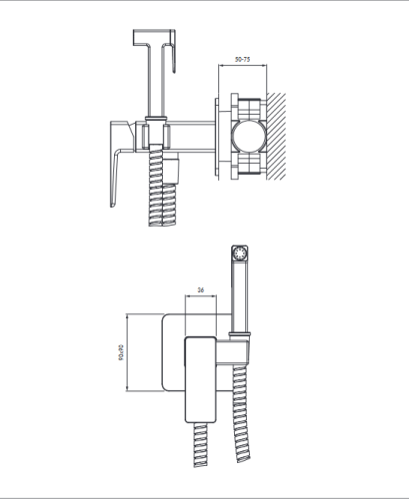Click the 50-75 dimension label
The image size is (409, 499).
242,60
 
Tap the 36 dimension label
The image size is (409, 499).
201,290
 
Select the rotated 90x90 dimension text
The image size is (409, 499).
120,352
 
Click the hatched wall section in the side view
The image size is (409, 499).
276,137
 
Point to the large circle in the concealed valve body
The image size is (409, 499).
249,137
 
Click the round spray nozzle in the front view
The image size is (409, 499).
240,254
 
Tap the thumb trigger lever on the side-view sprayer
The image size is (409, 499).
172,52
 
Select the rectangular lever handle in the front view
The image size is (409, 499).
201,379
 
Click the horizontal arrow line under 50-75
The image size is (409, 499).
242,66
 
